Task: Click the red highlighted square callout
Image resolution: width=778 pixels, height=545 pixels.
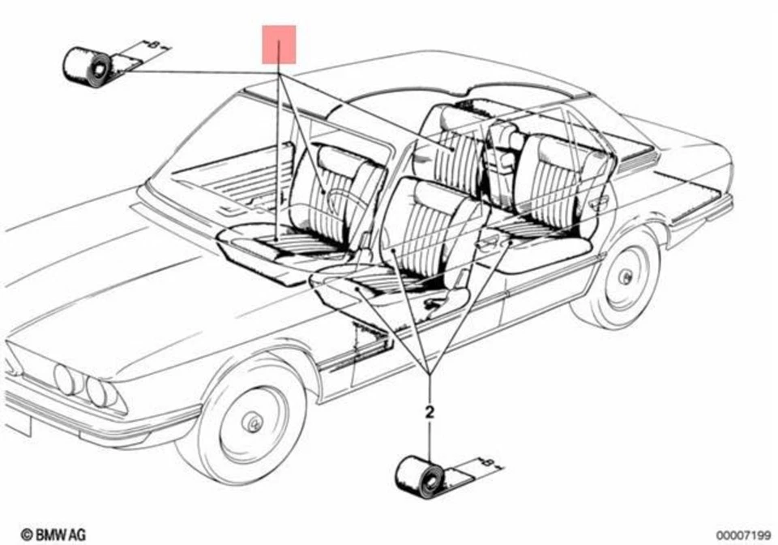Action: click(x=279, y=44)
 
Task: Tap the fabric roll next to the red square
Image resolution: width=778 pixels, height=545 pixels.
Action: click(x=88, y=67)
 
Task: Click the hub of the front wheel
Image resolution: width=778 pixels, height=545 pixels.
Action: click(x=253, y=423)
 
